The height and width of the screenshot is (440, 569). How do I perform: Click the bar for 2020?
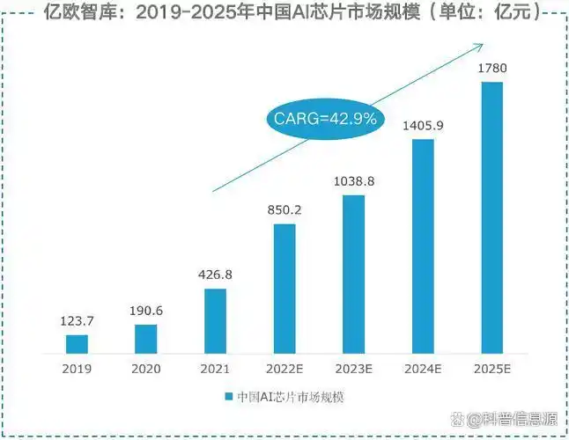(x=146, y=338)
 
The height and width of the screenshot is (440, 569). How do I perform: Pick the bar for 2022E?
(x=284, y=288)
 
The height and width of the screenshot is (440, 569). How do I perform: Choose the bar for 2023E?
(x=353, y=273)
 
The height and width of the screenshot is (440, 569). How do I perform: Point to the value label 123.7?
(x=78, y=322)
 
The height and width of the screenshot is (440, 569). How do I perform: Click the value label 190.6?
(x=146, y=312)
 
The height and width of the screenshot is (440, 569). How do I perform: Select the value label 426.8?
(x=216, y=275)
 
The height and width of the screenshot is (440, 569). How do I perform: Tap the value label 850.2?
(x=284, y=210)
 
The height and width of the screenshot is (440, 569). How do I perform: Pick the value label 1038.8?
(x=353, y=181)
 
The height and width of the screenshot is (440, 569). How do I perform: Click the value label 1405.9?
(x=423, y=126)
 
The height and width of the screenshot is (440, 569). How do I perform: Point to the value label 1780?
(x=491, y=68)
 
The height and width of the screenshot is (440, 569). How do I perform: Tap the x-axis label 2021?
(x=216, y=368)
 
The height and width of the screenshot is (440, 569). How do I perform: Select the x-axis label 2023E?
(x=353, y=368)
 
